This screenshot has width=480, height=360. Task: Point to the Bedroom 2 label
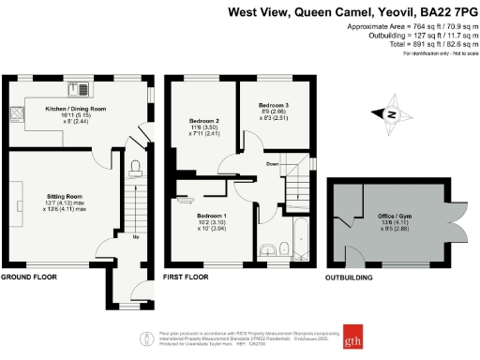[203, 122]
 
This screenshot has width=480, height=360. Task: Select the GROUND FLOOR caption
[29, 278]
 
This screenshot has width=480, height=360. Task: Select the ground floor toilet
[137, 167]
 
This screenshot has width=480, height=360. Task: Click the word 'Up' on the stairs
[137, 237]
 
